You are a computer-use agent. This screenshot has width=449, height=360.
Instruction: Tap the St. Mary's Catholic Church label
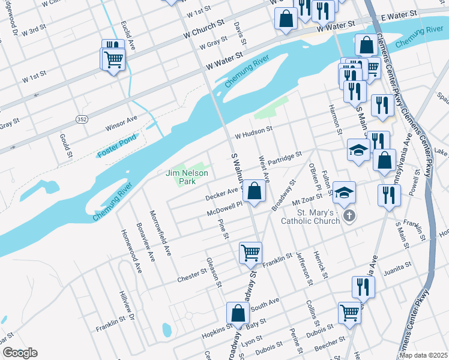coord(310,217)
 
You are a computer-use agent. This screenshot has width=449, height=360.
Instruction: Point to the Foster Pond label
coord(118,146)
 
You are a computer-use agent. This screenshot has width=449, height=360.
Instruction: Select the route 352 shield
coord(82,119)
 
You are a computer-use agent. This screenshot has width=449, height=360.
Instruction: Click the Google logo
coord(20,353)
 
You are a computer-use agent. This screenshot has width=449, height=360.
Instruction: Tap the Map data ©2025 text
coord(423,355)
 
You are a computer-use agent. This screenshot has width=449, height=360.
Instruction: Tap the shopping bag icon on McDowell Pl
coord(255,191)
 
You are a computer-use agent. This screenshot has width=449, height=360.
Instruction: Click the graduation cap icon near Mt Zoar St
coord(345,193)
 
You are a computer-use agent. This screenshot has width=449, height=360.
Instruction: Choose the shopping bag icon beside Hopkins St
coord(238,313)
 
